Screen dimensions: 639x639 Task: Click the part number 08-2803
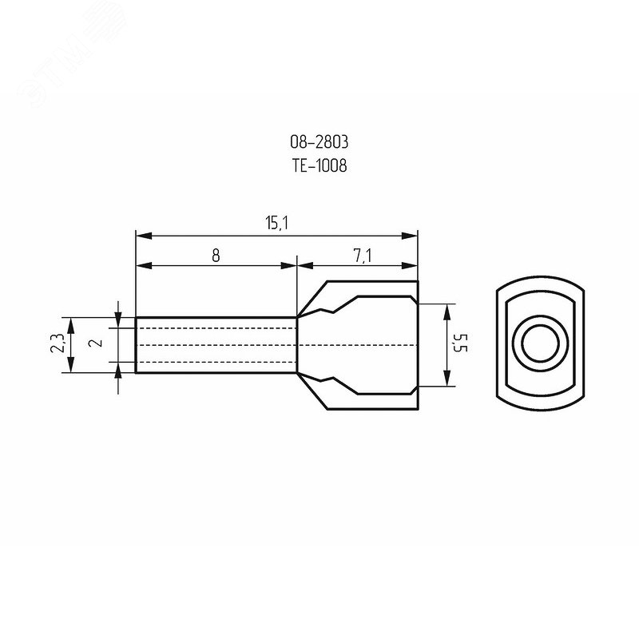[319, 142]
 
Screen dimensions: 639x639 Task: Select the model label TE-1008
[319, 165]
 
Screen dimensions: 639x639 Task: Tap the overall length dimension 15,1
[277, 223]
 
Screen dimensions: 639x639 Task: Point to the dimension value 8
[216, 256]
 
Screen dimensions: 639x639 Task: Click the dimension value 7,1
[363, 256]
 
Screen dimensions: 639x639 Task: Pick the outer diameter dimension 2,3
[57, 343]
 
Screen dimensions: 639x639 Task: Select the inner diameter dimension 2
[97, 343]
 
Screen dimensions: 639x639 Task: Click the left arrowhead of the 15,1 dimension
[144, 236]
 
